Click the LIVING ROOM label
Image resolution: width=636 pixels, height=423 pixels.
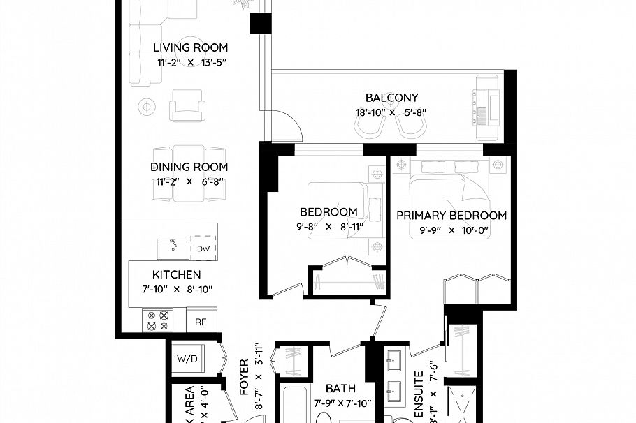coord(191,48)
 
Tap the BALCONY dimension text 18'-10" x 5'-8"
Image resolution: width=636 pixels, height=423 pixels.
coord(391,112)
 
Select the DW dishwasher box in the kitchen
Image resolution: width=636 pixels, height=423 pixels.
coord(203,248)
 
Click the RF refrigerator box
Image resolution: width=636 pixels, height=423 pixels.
coord(201,322)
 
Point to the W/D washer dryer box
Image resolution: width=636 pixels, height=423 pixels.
coord(187,359)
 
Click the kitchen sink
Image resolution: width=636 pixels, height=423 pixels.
coord(172,248)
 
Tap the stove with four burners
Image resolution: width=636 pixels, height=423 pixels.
coord(157,320)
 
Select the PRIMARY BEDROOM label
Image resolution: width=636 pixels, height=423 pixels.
coord(451,216)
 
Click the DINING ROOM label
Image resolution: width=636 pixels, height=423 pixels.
coord(189,167)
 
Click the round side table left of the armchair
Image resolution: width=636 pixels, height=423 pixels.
coord(146,106)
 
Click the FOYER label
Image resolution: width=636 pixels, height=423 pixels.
coord(245,377)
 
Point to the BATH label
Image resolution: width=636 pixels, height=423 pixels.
coord(340,389)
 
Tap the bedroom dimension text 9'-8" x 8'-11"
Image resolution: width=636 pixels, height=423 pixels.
coord(328,226)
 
